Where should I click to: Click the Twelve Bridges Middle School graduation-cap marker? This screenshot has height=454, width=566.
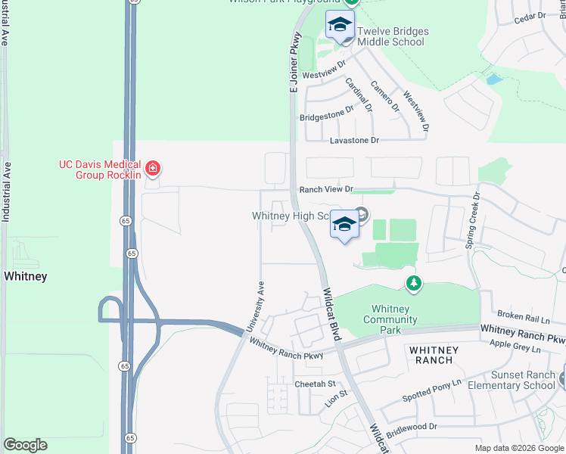coord(341,24)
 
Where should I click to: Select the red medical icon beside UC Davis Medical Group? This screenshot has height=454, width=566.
coord(153,167)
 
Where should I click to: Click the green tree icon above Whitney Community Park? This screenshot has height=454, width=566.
coord(413,284)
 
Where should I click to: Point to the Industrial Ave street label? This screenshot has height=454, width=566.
coord(6,191)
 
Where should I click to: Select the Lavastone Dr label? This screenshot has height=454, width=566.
coord(353,141)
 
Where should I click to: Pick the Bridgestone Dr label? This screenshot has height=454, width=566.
coord(327,113)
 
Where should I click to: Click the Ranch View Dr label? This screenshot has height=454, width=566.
coord(326,189)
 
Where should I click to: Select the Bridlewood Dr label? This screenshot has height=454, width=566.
coord(412,427)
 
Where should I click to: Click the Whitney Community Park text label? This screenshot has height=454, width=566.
coord(390,319)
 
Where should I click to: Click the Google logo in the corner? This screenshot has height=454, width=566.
coord(25,445)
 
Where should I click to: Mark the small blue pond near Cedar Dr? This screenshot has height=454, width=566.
coord(494,79)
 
